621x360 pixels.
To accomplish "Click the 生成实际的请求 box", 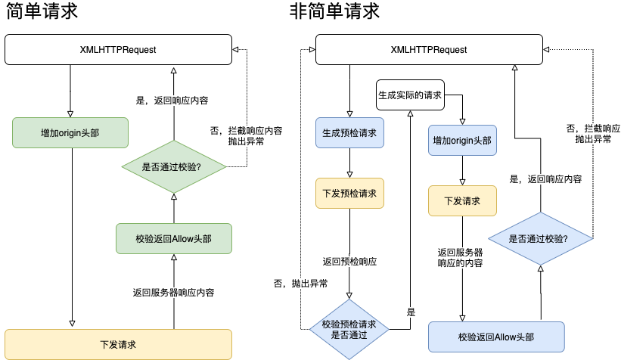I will click(409, 95).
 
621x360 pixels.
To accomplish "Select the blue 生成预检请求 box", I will click(349, 133).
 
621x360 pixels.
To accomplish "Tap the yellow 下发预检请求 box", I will click(349, 193).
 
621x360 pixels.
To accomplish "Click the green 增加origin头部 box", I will click(70, 132).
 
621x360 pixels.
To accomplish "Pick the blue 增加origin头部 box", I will click(461, 141).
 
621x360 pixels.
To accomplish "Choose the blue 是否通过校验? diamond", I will click(540, 238).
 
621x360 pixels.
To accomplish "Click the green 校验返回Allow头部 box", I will click(173, 238).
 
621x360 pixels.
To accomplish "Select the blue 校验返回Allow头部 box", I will click(496, 337).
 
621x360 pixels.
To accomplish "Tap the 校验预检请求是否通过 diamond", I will click(349, 330).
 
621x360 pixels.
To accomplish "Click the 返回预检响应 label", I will click(349, 262).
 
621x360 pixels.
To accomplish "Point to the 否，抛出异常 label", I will click(300, 284).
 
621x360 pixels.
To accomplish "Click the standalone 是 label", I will click(411, 312).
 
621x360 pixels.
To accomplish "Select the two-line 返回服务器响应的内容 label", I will click(460, 258).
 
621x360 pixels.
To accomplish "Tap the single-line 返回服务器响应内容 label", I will click(173, 293).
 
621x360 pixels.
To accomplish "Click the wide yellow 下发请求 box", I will click(118, 344).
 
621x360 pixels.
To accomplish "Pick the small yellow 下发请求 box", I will click(461, 201).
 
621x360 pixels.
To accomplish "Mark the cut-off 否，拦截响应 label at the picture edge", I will click(593, 134).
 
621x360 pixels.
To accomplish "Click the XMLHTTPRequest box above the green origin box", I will click(118, 50).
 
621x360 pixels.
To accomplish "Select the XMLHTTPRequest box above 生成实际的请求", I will click(428, 50).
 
